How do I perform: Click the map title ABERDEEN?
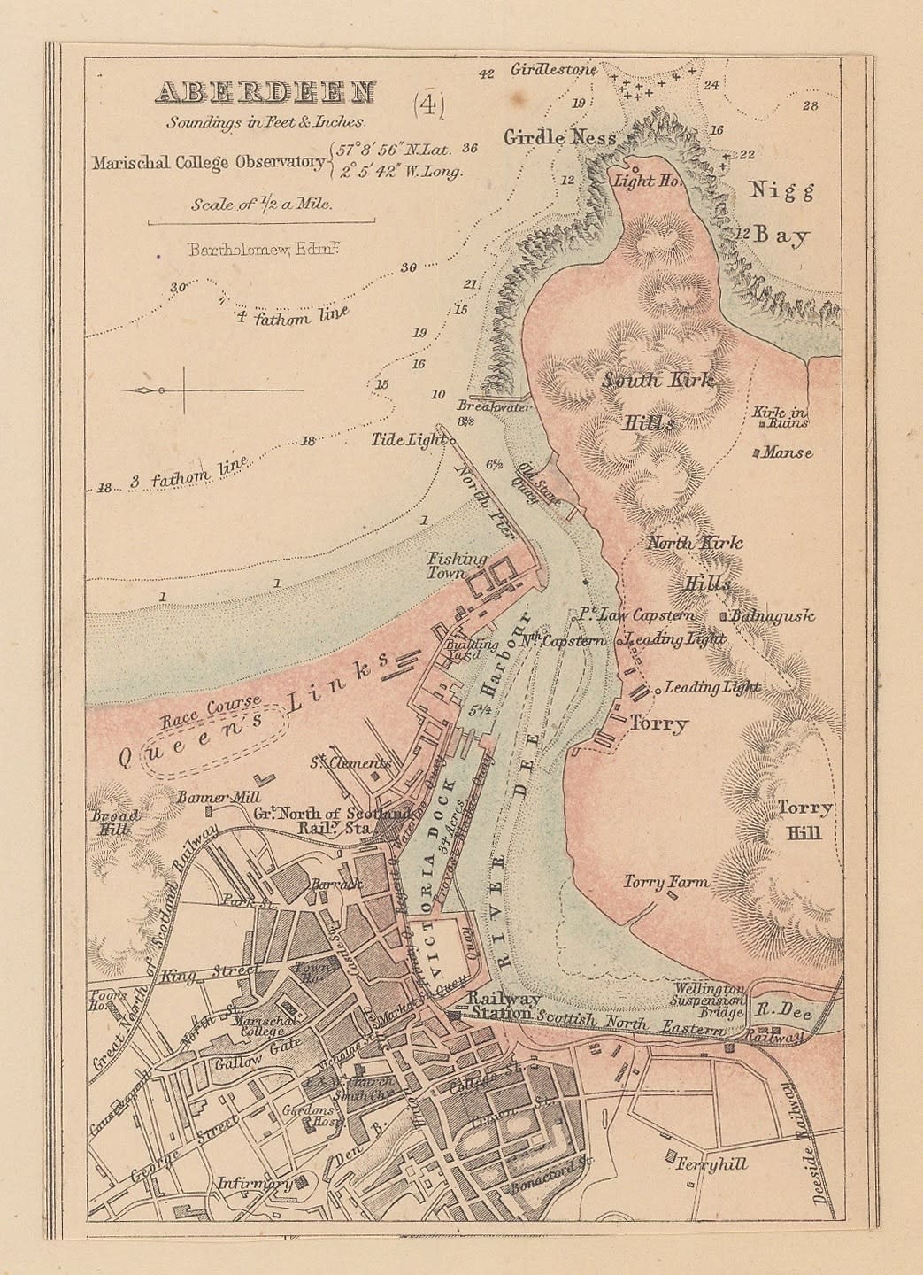point(265,93)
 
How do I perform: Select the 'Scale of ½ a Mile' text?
point(261,204)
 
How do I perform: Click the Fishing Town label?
point(457,566)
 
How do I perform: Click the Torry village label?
point(658,724)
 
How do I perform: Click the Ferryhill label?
point(711,1163)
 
